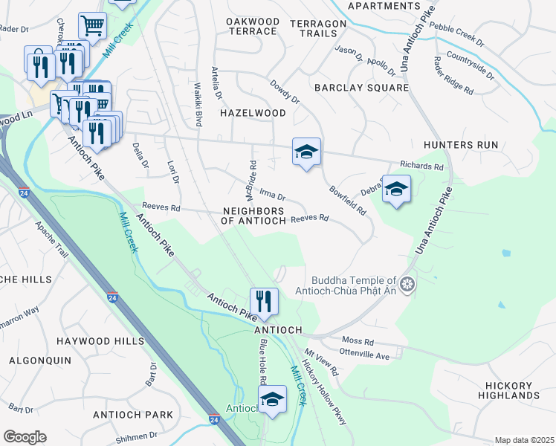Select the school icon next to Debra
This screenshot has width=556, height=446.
point(397,190)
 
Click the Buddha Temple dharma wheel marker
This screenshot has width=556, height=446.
point(407,284)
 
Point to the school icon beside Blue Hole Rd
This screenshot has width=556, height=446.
point(272,399)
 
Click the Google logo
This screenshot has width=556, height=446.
point(25,437)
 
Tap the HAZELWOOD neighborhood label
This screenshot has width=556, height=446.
point(253,113)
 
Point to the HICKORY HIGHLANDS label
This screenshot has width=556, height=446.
point(508,391)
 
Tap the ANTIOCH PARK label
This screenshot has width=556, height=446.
point(132,415)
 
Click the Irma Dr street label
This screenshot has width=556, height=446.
point(273,195)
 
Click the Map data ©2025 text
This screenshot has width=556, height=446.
point(524,440)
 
